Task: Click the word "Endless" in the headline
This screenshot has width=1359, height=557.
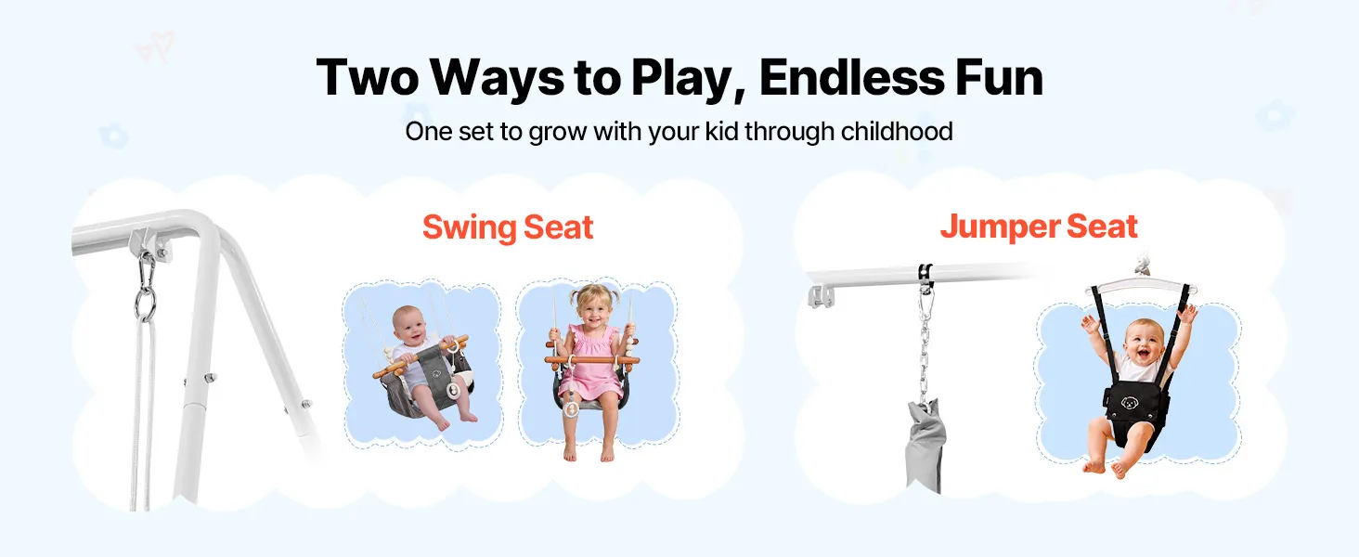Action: (x=851, y=78)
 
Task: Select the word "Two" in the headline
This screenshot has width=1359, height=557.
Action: (x=367, y=78)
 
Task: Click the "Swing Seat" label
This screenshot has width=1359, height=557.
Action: (x=508, y=227)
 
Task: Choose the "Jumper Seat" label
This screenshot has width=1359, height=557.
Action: (x=1039, y=227)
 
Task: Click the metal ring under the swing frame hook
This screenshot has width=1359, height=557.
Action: (x=145, y=303)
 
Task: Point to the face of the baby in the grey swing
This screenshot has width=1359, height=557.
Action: (x=409, y=325)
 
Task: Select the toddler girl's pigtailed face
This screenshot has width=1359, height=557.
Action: (x=595, y=308)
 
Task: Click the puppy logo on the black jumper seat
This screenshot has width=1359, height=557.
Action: (x=1129, y=402)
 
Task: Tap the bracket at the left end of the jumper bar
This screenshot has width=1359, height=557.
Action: (x=821, y=296)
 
